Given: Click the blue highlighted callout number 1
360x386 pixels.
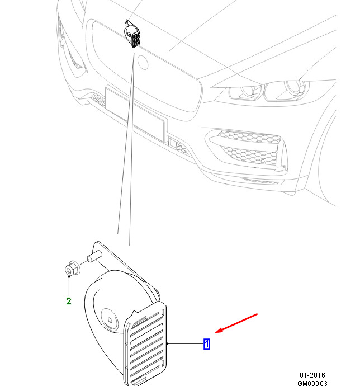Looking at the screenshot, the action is tap(207, 343).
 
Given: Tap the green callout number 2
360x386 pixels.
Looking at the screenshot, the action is tap(69, 301).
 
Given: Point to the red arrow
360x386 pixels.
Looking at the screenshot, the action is tap(236, 323).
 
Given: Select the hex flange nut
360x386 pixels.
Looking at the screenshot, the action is tap(73, 269).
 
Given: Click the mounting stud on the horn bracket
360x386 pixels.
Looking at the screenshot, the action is tap(94, 256).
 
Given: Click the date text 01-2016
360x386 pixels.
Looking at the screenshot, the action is tap(312, 375).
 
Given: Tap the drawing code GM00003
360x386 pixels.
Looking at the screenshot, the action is tap(312, 383).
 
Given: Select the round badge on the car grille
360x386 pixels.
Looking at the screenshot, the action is tap(143, 62).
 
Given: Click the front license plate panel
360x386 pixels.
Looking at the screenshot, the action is tap(135, 113).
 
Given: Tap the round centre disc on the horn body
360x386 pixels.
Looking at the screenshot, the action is tap(110, 318).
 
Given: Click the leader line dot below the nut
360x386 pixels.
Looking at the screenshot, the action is tap(69, 276).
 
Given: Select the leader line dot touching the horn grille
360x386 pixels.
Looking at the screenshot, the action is tap(167, 343).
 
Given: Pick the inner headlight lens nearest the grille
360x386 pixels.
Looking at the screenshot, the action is tap(249, 92).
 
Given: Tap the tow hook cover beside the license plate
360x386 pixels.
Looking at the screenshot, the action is tap(178, 146).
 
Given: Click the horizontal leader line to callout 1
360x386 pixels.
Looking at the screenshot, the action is tap(186, 343).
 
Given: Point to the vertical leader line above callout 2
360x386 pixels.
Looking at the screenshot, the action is tap(69, 286).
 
